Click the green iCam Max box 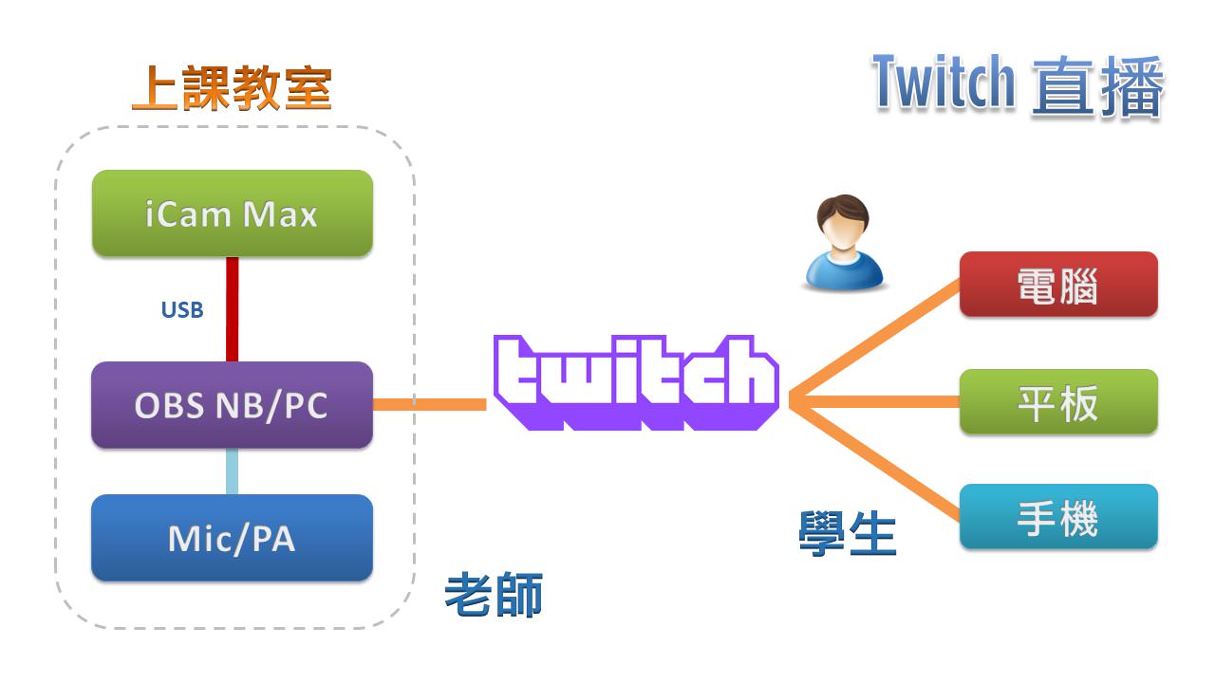click(232, 213)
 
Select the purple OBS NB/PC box click(232, 405)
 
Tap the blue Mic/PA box click(232, 538)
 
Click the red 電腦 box click(1057, 285)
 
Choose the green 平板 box click(1057, 403)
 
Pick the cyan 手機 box click(1057, 518)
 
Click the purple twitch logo click(636, 382)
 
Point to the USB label click(181, 310)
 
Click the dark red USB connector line click(232, 308)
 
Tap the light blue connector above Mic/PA click(232, 471)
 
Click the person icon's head click(841, 223)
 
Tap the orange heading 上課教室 click(232, 89)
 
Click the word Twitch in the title click(944, 83)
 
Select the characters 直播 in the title click(1097, 86)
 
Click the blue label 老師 click(494, 596)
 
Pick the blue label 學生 click(848, 534)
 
